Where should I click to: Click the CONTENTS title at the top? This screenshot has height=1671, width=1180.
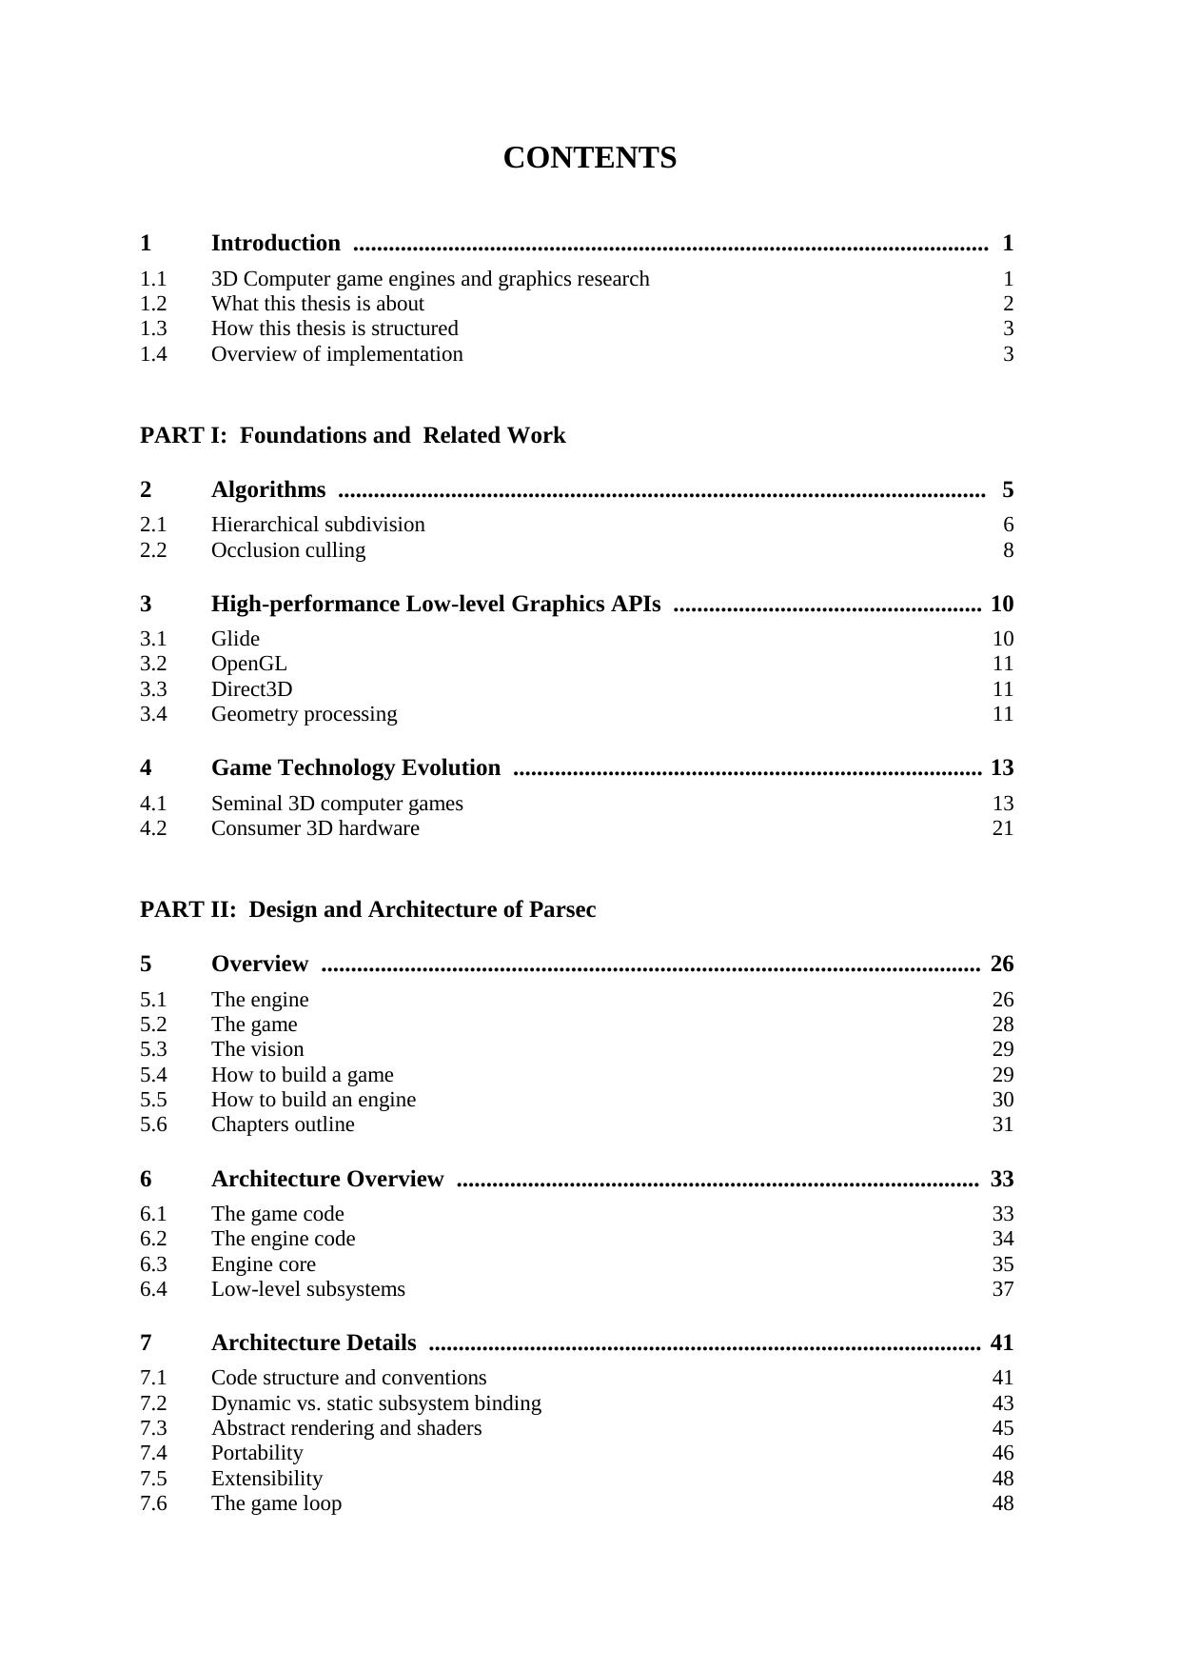589,158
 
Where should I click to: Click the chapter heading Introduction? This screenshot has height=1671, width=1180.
275,244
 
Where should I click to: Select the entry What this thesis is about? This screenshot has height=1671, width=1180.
317,304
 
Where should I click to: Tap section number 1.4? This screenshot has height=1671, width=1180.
153,354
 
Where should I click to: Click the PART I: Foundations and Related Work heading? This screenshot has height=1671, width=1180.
352,436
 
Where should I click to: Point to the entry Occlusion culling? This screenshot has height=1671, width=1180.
287,550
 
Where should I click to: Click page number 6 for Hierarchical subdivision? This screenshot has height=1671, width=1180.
1008,525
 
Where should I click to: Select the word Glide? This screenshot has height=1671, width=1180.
235,639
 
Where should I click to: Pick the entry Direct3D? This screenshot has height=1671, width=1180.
251,689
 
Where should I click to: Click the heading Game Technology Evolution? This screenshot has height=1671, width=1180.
355,768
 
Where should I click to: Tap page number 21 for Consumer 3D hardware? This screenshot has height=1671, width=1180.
1002,828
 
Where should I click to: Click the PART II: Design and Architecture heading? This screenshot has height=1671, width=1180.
367,910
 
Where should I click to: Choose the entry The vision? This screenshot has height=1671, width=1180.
257,1049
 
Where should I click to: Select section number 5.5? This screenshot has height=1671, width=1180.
153,1100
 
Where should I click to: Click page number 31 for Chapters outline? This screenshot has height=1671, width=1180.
1002,1124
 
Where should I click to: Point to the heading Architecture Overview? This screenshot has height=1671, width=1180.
327,1180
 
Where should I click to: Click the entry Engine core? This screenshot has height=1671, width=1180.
263,1264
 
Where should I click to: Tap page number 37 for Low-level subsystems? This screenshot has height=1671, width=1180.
1002,1289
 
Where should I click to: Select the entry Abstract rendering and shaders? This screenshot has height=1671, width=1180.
345,1428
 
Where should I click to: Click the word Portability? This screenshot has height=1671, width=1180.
257,1453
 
